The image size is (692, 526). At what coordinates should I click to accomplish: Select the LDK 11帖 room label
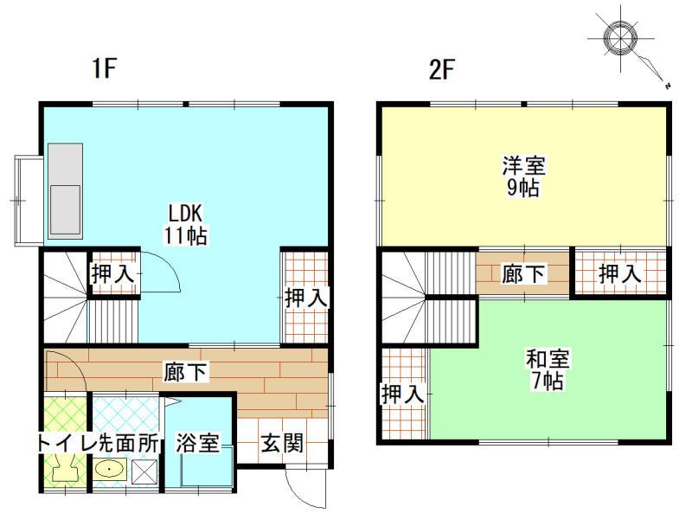[186, 223]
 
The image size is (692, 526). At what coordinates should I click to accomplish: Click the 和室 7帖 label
[548, 369]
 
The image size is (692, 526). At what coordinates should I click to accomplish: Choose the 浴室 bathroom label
[197, 444]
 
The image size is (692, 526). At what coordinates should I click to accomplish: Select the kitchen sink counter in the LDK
[63, 189]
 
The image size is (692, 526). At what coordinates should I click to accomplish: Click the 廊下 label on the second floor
[523, 274]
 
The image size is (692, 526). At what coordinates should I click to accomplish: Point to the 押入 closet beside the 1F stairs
[113, 274]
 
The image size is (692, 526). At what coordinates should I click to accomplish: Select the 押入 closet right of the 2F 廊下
[620, 274]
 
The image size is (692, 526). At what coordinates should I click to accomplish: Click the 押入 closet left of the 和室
[402, 394]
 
